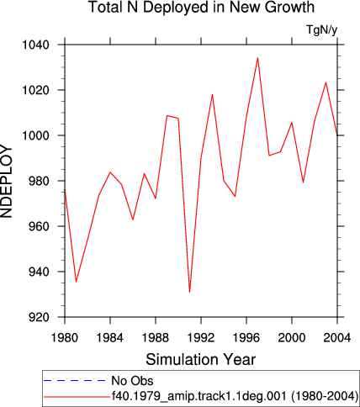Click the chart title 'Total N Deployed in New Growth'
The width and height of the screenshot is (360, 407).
201,7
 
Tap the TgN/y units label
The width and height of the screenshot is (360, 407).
322,29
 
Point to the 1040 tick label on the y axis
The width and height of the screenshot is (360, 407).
35,45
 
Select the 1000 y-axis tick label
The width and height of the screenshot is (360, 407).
35,135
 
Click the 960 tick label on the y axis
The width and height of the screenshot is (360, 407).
39,226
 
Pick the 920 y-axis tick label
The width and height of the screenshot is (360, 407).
39,317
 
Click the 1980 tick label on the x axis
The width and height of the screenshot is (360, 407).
65,338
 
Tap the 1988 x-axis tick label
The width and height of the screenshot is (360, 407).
156,338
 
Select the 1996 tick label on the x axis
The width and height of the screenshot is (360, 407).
246,338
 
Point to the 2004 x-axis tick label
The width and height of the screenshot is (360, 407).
337,338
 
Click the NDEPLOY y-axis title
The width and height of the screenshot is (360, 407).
6,181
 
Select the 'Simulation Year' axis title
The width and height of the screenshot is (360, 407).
201,359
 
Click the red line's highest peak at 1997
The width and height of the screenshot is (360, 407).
257,58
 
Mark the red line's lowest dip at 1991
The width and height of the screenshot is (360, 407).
189,292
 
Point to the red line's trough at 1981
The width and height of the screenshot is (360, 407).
76,282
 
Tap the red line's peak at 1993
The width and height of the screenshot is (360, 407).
212,94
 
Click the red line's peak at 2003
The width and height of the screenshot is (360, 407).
326,82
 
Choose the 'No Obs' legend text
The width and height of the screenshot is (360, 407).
132,381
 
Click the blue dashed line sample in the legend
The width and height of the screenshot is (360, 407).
75,381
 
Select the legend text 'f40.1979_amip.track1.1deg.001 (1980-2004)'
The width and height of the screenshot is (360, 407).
235,396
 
